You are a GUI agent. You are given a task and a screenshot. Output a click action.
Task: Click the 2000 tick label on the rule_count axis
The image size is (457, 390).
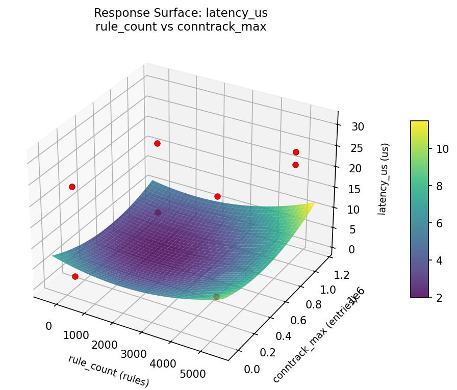pyautogui.click(x=105, y=345)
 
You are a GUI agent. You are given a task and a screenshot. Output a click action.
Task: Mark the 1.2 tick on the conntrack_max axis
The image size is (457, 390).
pyautogui.click(x=344, y=275)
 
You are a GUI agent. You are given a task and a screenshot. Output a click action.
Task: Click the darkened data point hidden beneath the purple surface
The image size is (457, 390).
pyautogui.click(x=158, y=213)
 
